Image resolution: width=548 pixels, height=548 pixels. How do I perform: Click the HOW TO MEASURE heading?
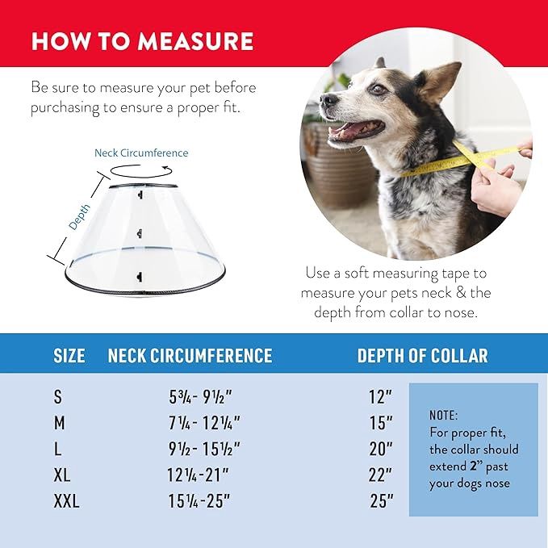(142, 41)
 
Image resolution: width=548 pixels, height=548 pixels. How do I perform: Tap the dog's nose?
(324, 101)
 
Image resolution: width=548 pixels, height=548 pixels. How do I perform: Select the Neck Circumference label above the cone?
(141, 153)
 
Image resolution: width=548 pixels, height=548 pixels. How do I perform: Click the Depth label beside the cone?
(79, 217)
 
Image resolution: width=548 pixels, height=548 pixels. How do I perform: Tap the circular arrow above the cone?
(140, 170)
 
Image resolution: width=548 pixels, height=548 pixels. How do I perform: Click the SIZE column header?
(69, 356)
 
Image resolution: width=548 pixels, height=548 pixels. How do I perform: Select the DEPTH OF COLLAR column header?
(422, 356)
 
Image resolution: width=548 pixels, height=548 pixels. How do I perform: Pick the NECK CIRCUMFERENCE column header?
(190, 356)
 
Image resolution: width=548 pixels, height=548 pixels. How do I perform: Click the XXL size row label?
(67, 501)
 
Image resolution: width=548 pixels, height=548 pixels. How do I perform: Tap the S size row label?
(57, 397)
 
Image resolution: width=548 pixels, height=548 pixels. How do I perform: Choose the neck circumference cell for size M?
(203, 423)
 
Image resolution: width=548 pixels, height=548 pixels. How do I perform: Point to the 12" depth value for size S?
(379, 397)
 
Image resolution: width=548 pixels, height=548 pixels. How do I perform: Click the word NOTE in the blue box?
(443, 415)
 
